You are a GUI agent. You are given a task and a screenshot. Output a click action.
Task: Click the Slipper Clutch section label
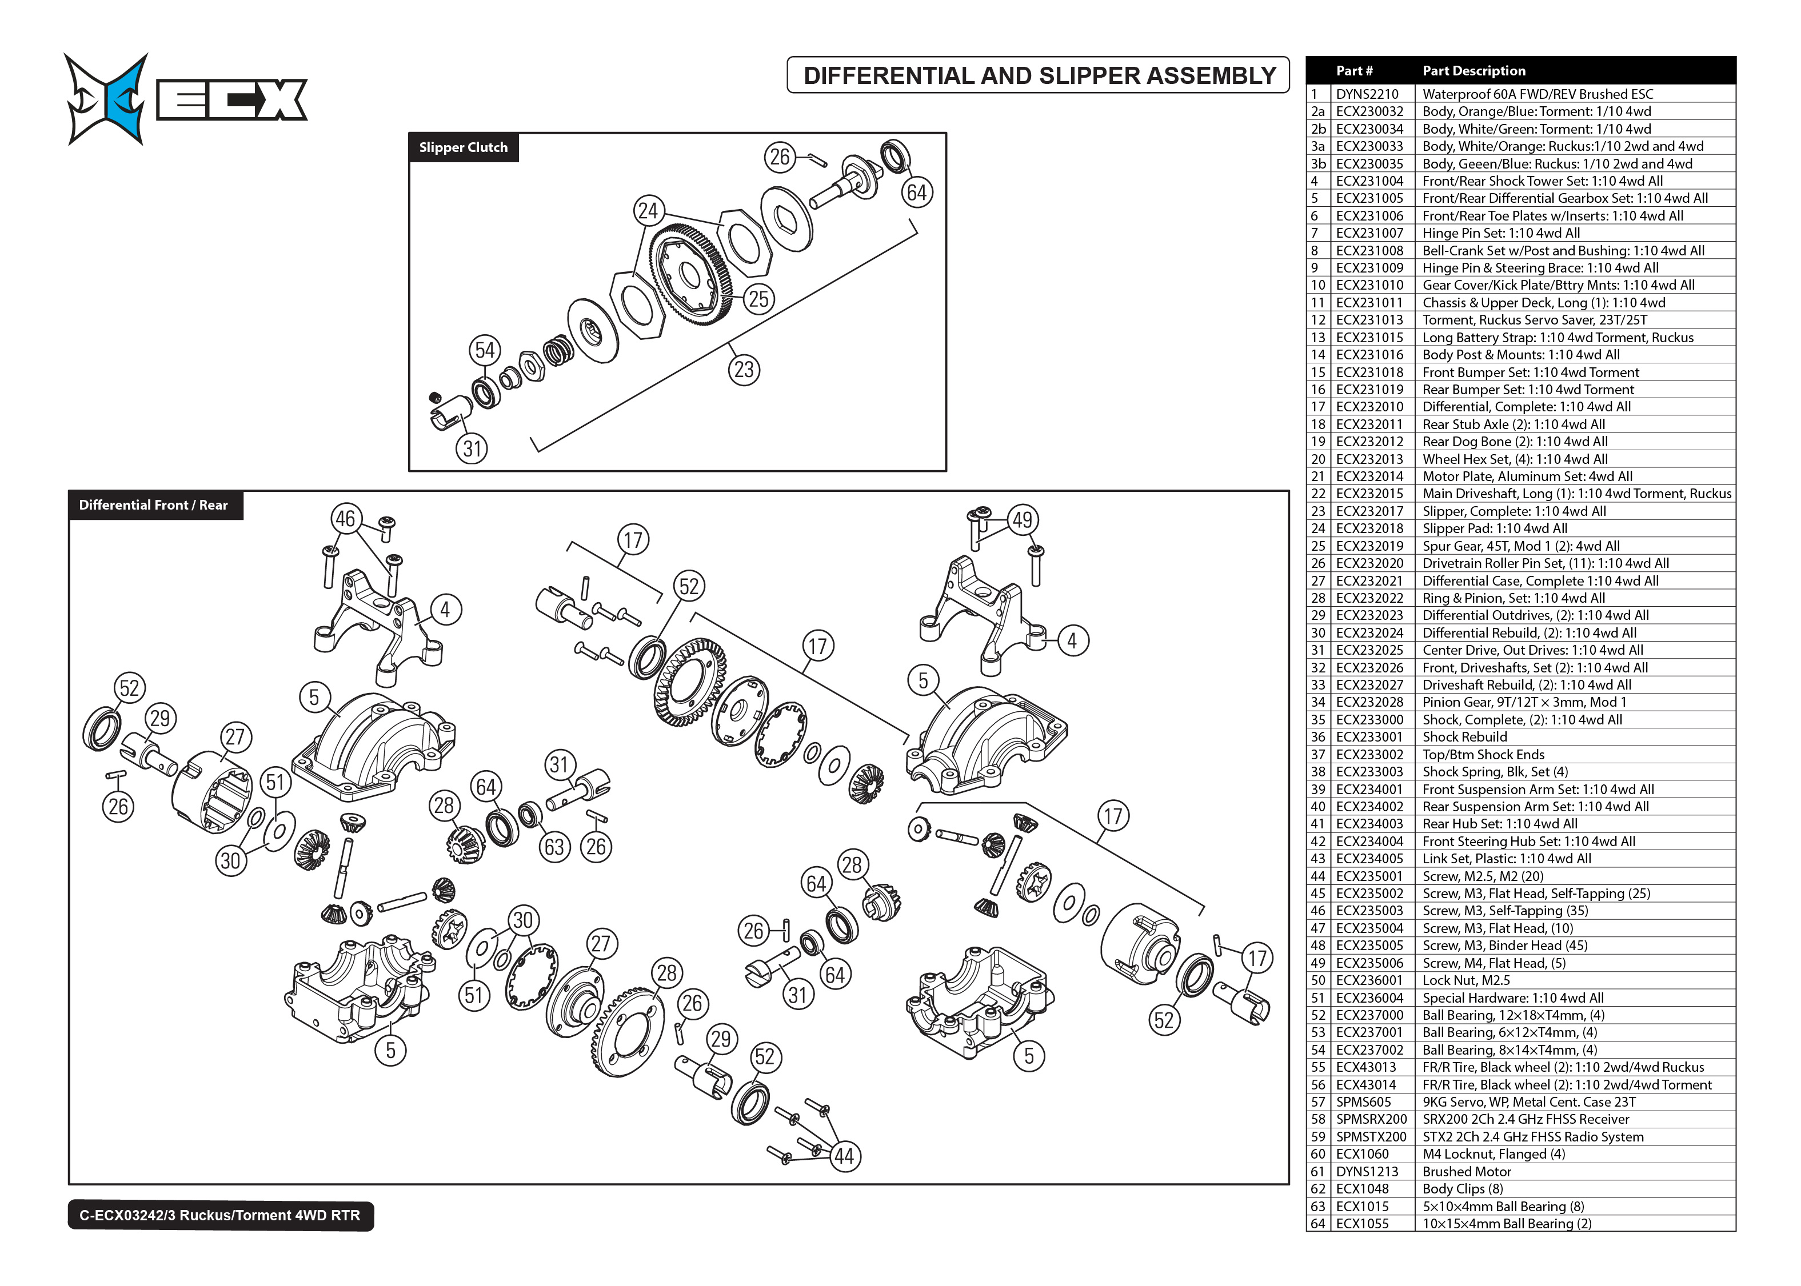point(464,147)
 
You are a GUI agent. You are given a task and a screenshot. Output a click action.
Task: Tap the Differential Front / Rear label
point(154,505)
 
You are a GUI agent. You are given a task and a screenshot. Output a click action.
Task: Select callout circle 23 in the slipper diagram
point(744,370)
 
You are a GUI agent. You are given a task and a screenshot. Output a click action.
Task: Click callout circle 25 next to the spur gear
point(758,299)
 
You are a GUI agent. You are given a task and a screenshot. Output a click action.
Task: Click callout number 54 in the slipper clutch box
point(485,351)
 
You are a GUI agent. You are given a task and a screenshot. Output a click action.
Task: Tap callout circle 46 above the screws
point(345,519)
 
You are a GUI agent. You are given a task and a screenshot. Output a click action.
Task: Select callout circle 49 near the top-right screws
point(1023,520)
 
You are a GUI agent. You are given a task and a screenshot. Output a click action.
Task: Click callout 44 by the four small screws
point(844,1157)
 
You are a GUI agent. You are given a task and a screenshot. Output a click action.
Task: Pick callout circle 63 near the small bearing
point(554,847)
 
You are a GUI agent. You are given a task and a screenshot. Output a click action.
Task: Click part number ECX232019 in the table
point(1369,546)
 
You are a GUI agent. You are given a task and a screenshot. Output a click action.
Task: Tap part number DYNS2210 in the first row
point(1367,94)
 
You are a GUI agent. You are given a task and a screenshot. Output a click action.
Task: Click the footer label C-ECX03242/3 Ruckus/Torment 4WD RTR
point(220,1216)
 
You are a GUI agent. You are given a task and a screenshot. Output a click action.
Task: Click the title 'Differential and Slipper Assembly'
point(1039,76)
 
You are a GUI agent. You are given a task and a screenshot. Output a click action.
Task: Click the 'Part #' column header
point(1354,70)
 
